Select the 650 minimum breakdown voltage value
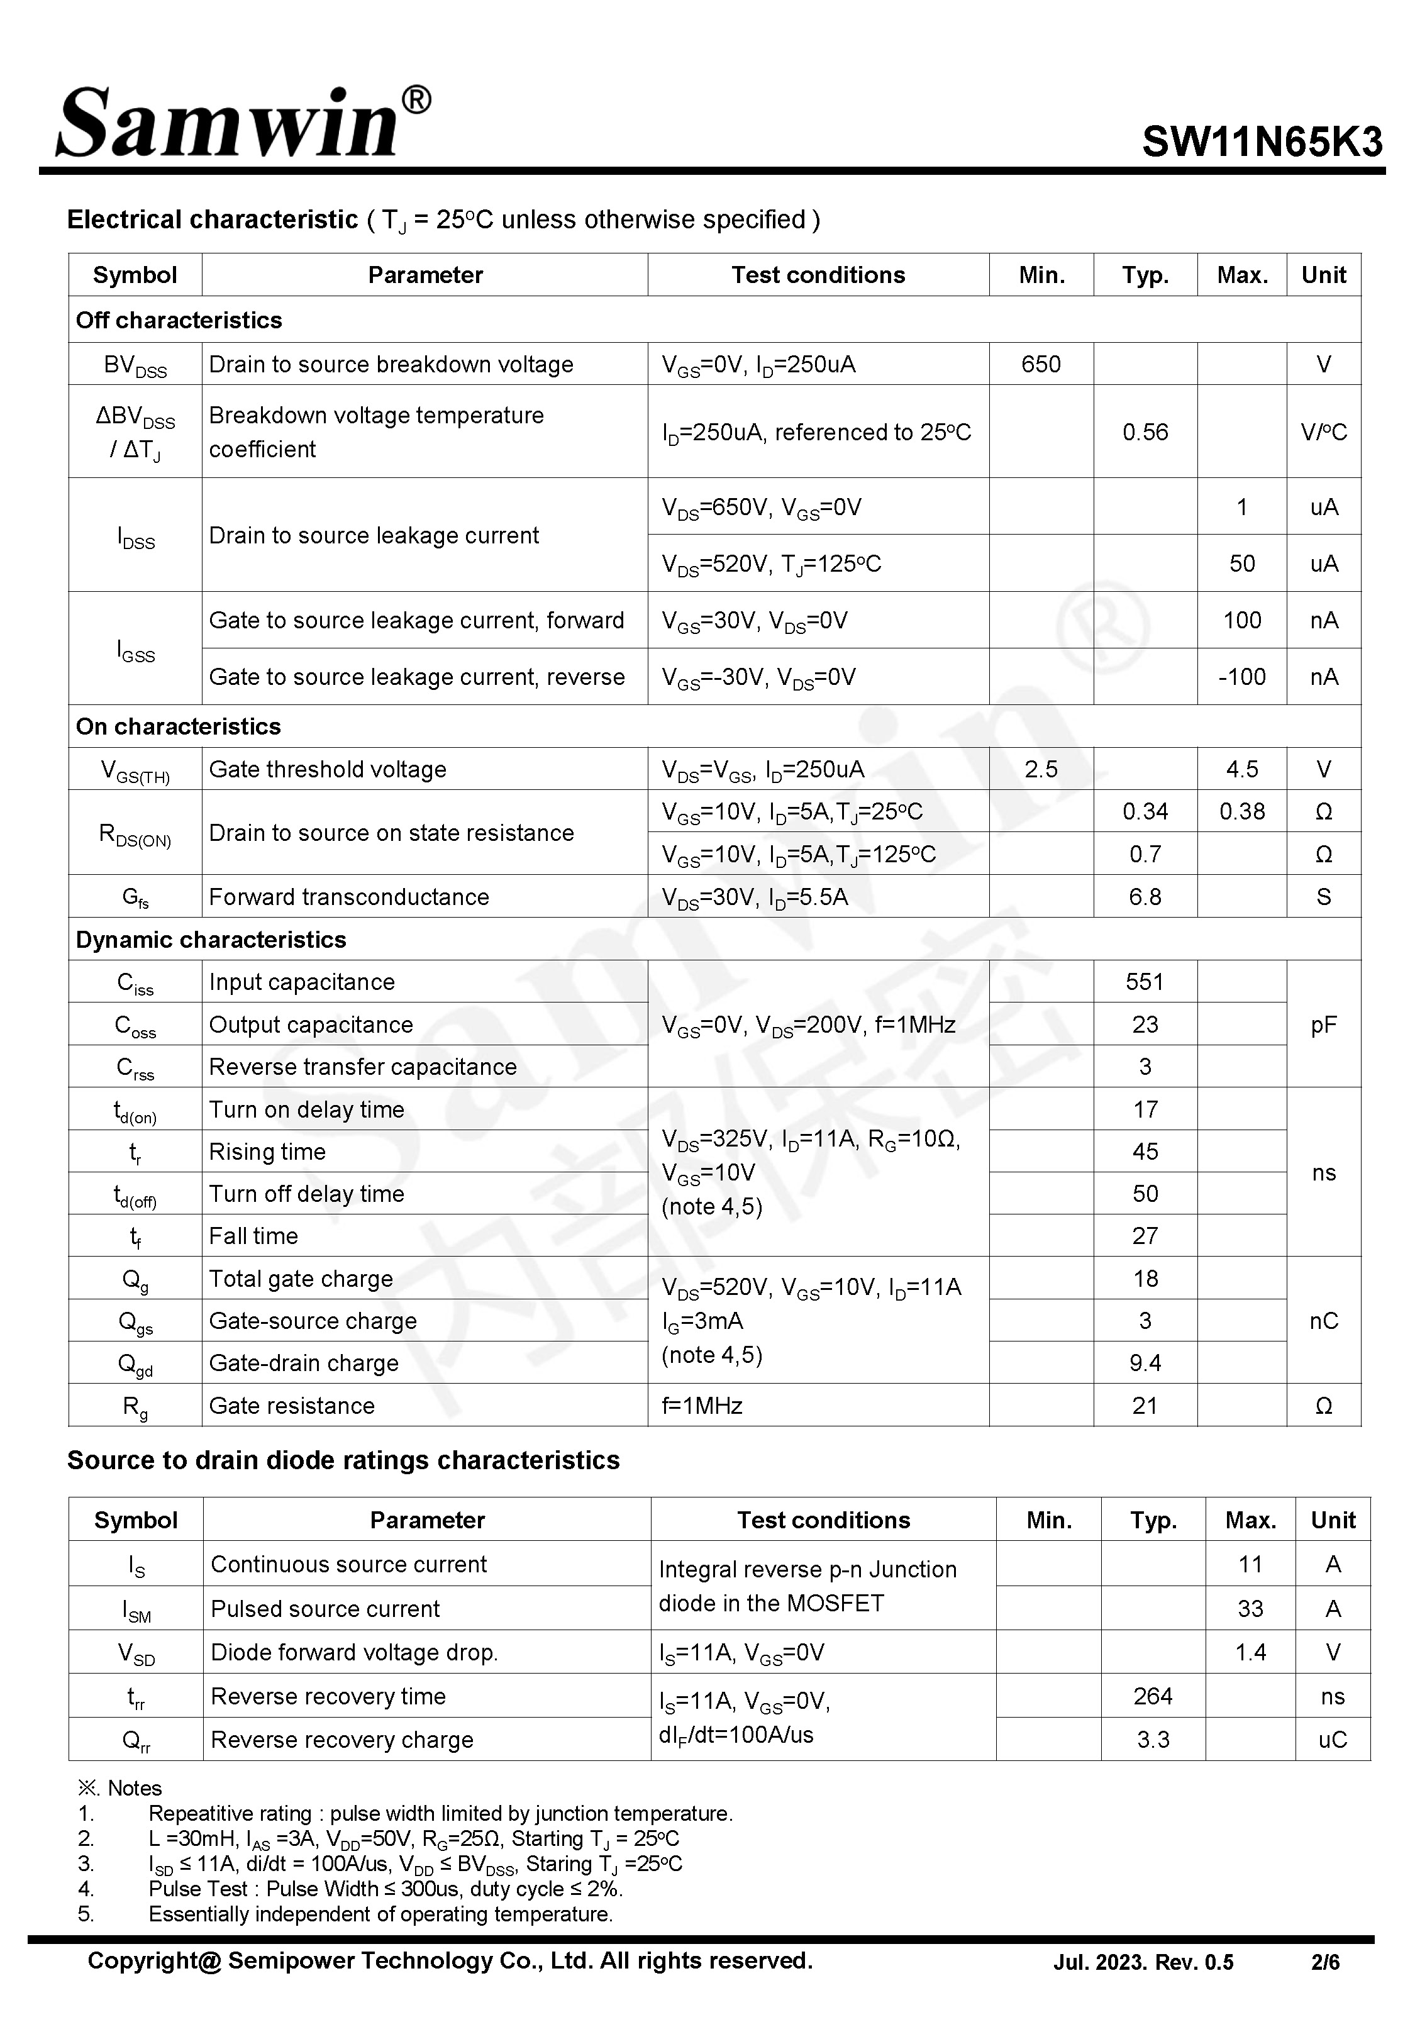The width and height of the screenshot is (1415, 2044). [1041, 364]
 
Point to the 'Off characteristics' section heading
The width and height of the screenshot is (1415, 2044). [179, 320]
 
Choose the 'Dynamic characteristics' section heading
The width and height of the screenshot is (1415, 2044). [211, 940]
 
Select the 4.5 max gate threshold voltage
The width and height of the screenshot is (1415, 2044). [1241, 769]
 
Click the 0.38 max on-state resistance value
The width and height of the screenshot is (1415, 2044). [1241, 811]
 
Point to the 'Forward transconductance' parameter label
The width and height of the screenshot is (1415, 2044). [348, 896]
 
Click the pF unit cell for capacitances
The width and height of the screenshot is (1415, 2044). [1323, 1025]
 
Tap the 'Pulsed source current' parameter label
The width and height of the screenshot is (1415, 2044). [325, 1608]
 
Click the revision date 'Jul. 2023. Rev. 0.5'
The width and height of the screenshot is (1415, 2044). [1143, 1962]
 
